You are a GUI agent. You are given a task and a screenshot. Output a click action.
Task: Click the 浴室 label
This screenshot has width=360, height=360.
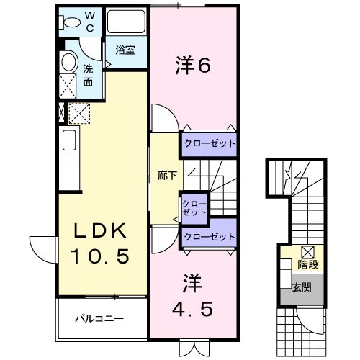[125, 50]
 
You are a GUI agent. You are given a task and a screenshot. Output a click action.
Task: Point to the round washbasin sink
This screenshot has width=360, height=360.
[69, 62]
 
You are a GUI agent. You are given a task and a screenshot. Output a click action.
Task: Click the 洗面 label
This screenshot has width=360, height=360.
[88, 75]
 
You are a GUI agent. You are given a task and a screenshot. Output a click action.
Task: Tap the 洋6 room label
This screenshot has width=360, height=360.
[193, 66]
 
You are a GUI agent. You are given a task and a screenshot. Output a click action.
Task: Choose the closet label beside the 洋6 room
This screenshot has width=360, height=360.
[209, 143]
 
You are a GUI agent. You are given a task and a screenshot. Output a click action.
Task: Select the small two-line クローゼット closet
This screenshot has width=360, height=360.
[194, 209]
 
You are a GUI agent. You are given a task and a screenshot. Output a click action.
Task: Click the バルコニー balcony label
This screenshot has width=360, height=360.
[99, 318]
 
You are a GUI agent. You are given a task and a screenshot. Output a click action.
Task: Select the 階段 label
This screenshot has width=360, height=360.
[310, 264]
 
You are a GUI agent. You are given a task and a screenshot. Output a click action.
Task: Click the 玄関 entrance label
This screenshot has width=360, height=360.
[302, 288]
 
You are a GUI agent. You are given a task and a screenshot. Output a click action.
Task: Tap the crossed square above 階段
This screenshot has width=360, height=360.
[307, 252]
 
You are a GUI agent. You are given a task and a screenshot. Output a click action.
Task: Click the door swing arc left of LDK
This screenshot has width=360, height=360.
[41, 248]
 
